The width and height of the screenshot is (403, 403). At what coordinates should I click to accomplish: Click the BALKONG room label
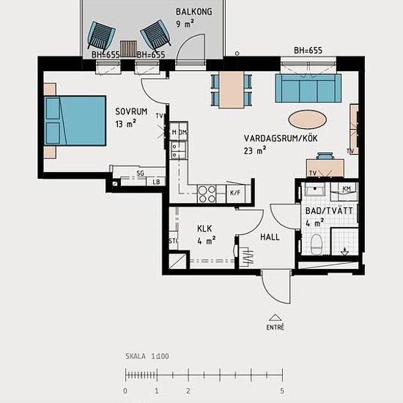(194, 12)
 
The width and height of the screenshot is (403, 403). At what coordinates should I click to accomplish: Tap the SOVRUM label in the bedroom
(131, 111)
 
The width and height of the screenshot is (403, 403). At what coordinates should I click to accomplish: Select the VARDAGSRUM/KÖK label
(281, 138)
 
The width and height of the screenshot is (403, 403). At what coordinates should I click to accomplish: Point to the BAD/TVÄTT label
(329, 211)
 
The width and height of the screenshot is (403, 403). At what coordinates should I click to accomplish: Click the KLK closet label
(204, 229)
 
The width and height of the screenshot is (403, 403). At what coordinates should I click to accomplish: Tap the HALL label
(270, 237)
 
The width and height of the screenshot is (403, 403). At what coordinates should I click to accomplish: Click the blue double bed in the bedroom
(75, 121)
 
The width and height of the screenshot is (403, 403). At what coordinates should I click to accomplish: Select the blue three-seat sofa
(308, 88)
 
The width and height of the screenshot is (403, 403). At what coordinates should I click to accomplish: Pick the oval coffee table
(308, 119)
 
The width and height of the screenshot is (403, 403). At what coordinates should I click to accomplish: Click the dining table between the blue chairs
(232, 89)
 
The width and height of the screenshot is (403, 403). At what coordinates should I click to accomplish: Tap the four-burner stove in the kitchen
(207, 193)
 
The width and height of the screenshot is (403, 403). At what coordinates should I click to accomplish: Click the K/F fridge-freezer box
(235, 193)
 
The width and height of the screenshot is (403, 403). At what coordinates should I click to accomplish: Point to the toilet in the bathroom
(317, 244)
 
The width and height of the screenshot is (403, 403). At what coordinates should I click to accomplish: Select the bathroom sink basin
(315, 190)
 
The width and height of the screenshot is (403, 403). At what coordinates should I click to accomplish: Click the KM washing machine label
(347, 189)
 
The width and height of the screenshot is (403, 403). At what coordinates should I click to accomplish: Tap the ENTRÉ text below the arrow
(276, 328)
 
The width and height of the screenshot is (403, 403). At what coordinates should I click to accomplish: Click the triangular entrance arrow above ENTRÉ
(276, 318)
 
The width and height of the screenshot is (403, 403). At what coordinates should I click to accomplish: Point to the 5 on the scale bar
(282, 391)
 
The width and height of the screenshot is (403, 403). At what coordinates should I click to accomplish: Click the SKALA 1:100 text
(147, 356)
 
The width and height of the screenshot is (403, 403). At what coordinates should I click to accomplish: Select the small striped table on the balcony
(128, 49)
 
